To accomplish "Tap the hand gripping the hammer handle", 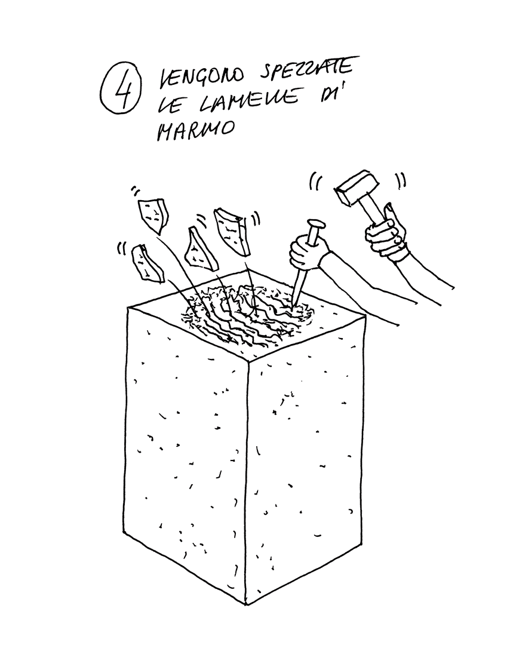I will point(386,232).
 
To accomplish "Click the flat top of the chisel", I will point(316,226).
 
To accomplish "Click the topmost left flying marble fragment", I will point(153,213).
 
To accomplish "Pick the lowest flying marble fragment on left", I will point(147,264).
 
